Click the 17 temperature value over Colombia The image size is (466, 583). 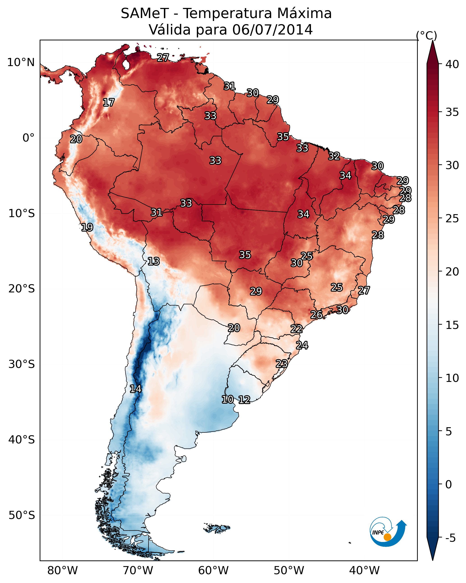(x=109, y=103)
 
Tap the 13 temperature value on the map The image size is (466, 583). (x=154, y=261)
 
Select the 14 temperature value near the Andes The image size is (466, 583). (x=135, y=389)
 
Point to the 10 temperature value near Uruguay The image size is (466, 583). (x=227, y=399)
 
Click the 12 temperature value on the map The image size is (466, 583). (x=244, y=400)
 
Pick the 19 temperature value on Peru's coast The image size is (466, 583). (x=87, y=227)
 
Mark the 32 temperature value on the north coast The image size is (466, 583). (x=334, y=156)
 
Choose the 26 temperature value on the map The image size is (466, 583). (x=316, y=315)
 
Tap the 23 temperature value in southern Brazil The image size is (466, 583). (x=282, y=363)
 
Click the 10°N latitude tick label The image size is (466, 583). (x=21, y=62)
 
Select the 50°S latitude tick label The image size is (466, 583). (x=22, y=515)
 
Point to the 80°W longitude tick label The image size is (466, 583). (x=62, y=571)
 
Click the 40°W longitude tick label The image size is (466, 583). (x=364, y=571)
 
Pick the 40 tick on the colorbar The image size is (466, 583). (x=452, y=64)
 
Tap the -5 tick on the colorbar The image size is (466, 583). (x=450, y=538)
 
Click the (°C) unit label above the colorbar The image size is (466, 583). (x=427, y=35)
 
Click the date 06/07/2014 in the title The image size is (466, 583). (x=272, y=30)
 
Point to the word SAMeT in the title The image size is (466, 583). (x=145, y=13)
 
